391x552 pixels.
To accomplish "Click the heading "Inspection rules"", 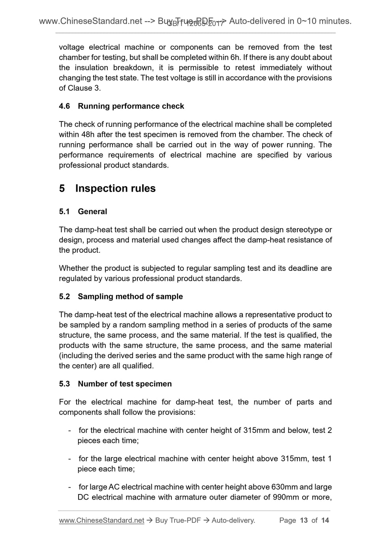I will [115, 188].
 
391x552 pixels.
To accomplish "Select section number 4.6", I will [64, 106].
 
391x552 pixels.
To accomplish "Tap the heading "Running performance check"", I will [131, 106].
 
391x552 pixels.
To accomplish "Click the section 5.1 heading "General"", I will [92, 212].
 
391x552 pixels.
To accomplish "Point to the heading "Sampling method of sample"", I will [130, 297].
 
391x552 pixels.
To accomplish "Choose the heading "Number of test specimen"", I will [125, 384].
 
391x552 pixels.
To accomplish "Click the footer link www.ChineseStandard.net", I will [102, 520].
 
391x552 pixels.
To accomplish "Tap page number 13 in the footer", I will [304, 520].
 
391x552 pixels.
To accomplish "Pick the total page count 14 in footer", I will [325, 520].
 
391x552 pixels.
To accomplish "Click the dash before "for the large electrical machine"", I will [70, 459].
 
